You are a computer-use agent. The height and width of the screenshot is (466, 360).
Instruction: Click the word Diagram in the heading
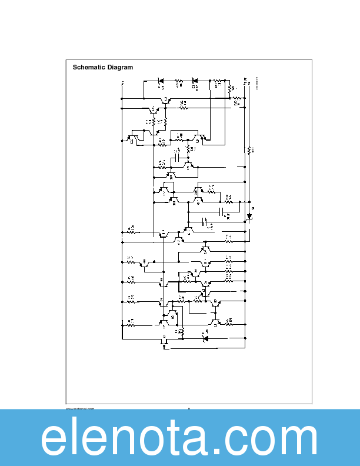tap(119, 67)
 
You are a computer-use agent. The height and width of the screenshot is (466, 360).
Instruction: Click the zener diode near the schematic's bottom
tap(205, 338)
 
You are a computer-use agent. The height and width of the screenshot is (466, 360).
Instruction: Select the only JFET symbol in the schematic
tap(164, 339)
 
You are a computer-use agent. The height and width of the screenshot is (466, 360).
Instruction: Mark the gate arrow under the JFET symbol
tap(164, 347)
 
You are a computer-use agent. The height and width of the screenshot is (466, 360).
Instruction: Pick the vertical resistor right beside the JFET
tap(181, 332)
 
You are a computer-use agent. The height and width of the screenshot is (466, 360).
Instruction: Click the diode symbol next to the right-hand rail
tap(249, 216)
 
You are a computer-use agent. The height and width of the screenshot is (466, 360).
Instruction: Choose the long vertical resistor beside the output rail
tap(249, 149)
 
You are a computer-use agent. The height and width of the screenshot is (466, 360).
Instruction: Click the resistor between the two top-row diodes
tap(179, 81)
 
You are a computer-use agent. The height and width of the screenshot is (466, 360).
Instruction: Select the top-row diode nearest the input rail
tap(160, 81)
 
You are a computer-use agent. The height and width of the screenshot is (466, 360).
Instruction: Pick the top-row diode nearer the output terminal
tap(195, 81)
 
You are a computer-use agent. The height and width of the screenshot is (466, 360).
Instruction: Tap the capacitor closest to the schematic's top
tap(177, 158)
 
